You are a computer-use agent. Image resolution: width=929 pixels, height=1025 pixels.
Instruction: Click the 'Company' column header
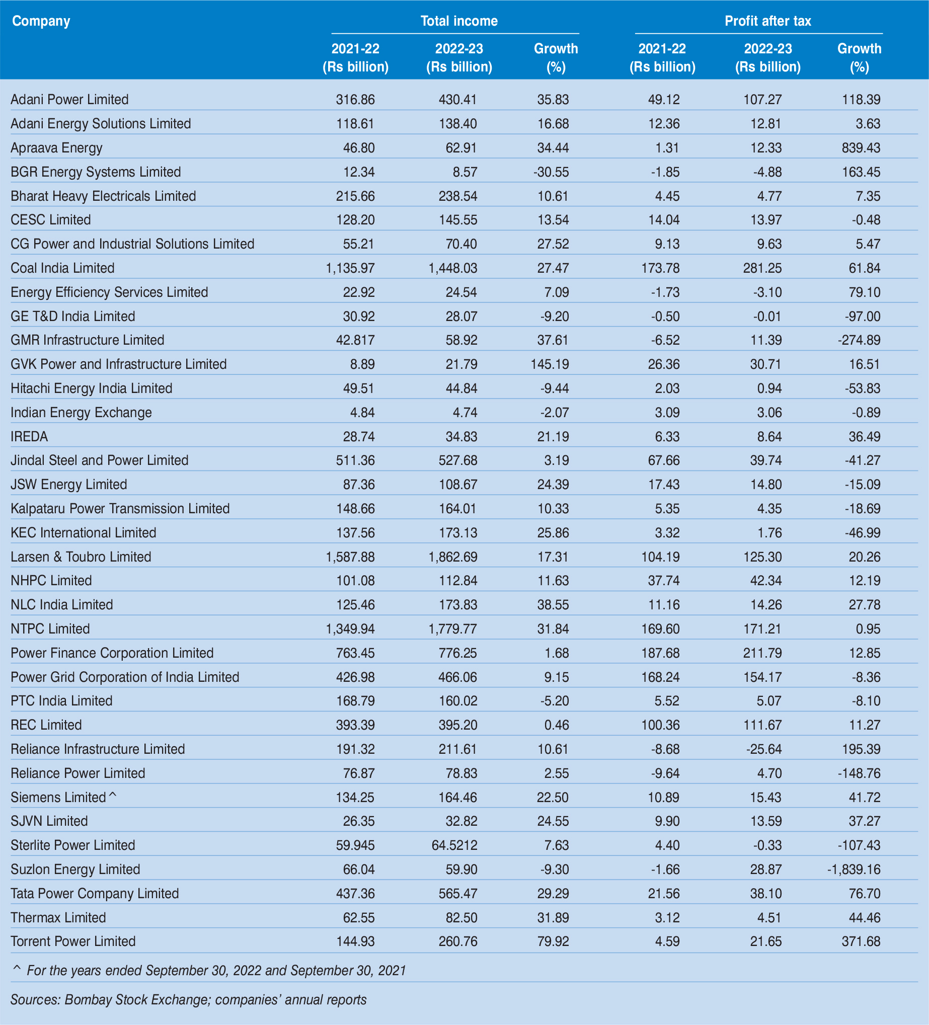(41, 21)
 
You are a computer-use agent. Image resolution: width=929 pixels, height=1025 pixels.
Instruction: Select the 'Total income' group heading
(458, 21)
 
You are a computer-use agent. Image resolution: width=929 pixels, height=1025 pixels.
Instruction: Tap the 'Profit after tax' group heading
(767, 21)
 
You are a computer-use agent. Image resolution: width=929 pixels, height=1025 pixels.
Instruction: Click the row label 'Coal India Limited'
(62, 268)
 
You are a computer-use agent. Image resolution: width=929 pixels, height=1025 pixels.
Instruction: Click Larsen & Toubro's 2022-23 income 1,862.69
(452, 557)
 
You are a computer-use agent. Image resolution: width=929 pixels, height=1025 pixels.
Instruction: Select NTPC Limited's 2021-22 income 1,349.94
(350, 629)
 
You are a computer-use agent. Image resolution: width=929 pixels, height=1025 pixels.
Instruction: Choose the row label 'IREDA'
(30, 437)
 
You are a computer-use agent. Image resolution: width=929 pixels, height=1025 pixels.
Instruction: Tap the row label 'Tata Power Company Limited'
(95, 893)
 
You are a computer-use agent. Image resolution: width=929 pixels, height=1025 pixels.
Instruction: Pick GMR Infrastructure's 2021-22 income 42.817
(355, 340)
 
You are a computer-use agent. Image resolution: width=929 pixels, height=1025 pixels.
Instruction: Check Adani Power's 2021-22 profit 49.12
(664, 100)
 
